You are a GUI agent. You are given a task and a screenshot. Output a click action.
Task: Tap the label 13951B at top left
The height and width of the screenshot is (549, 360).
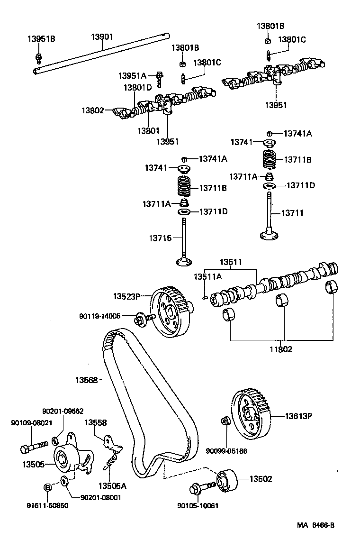(x=41, y=39)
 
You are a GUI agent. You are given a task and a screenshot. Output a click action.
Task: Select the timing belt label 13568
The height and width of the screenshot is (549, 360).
(x=86, y=379)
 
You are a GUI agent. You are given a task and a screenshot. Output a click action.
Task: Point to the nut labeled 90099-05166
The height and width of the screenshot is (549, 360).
(x=226, y=421)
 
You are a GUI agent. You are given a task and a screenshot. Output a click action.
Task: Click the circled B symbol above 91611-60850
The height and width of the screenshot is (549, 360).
(x=47, y=487)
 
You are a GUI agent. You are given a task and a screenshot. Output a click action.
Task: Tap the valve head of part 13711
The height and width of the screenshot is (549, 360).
(x=269, y=234)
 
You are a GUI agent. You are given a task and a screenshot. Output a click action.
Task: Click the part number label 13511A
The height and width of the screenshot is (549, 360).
(x=207, y=276)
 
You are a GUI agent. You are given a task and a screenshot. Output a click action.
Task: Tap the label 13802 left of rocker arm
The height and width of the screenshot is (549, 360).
(x=92, y=110)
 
